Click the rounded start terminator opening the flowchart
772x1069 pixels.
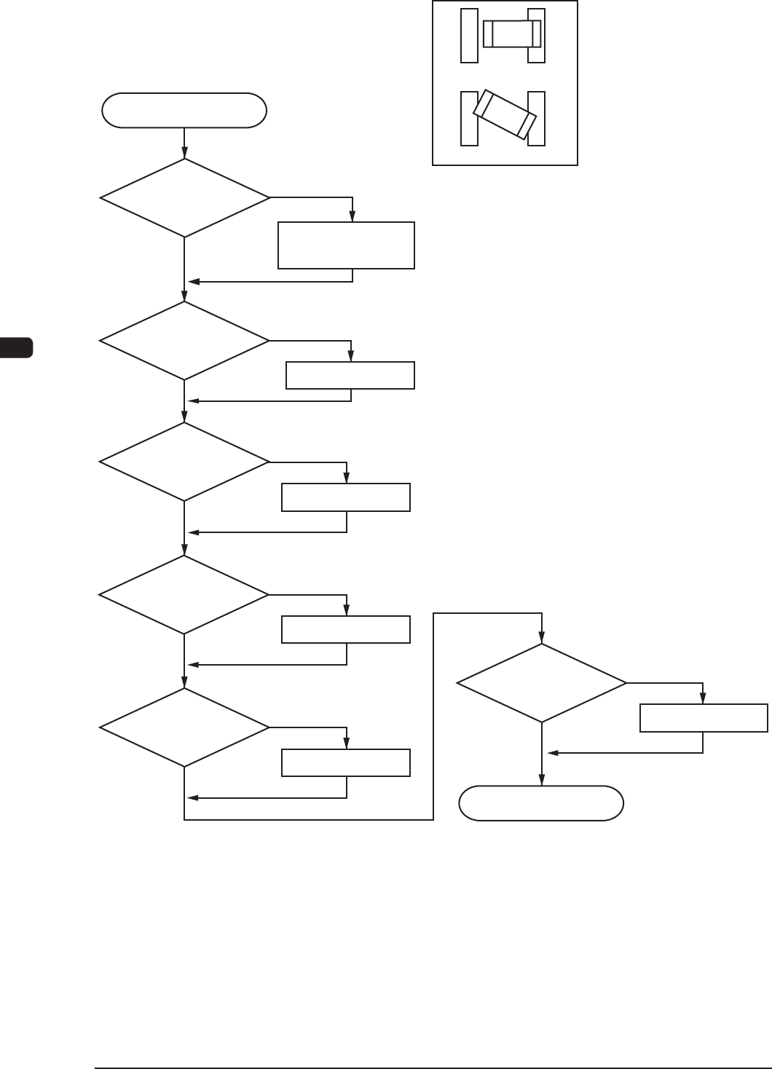click(184, 111)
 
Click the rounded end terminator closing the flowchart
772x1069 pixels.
click(540, 803)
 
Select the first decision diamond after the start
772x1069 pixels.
click(184, 197)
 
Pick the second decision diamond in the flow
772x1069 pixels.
click(184, 341)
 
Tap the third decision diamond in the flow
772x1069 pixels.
click(184, 462)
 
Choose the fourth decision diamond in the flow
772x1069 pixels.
click(184, 595)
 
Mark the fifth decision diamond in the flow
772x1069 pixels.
click(184, 727)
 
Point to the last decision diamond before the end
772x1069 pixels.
click(541, 683)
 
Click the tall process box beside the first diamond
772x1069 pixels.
click(346, 246)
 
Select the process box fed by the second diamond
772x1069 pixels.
click(350, 375)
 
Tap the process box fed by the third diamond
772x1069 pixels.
click(346, 497)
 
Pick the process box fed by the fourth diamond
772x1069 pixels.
click(346, 629)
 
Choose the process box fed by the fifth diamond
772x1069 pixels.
click(346, 762)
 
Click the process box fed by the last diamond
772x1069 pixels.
click(703, 717)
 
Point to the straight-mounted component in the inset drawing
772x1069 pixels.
click(512, 33)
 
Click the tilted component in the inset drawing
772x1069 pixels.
click(505, 115)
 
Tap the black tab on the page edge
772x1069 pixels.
click(16, 347)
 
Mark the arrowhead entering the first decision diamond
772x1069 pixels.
click(184, 154)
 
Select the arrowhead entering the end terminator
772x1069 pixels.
click(541, 781)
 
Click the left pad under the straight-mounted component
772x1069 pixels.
click(469, 36)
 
